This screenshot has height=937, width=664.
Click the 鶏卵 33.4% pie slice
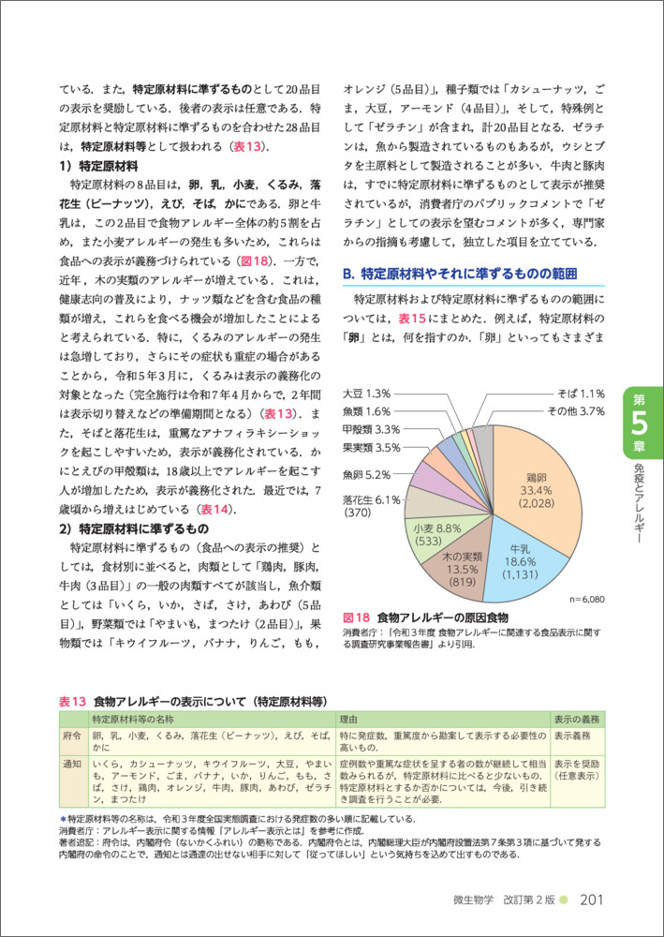pyautogui.click(x=529, y=487)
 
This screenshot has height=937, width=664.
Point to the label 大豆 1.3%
pyautogui.click(x=366, y=394)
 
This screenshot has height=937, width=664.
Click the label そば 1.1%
pyautogui.click(x=581, y=394)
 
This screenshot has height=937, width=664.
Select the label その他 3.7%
pyautogui.click(x=575, y=411)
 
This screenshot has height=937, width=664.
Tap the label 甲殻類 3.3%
pyautogui.click(x=372, y=429)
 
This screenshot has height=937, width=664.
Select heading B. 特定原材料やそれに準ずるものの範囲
pyautogui.click(x=457, y=274)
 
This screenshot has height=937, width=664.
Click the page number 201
pyautogui.click(x=596, y=900)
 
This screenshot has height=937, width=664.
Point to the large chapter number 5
pyautogui.click(x=642, y=424)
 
